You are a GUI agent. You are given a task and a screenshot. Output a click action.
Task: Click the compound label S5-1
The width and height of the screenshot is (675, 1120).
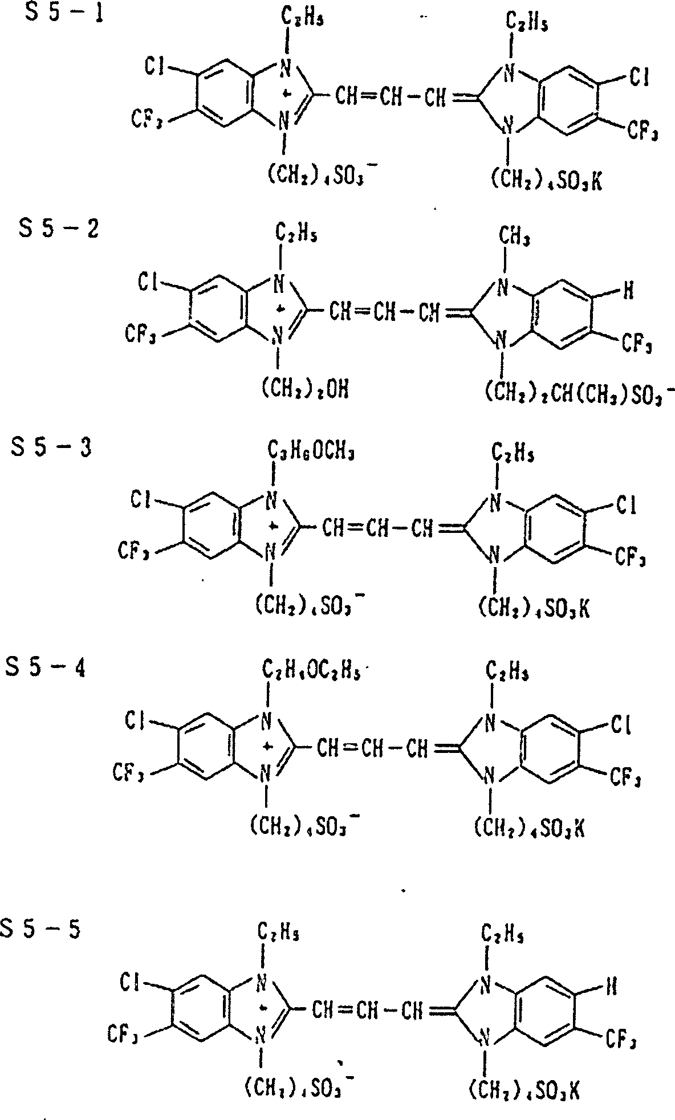64,14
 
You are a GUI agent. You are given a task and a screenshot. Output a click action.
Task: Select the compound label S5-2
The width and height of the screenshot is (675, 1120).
59,231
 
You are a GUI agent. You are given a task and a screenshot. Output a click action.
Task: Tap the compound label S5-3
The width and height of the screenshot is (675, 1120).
51,449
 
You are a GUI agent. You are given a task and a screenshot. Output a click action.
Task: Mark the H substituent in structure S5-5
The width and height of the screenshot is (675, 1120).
610,985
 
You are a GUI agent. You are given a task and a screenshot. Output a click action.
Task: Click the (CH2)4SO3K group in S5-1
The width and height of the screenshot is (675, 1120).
546,182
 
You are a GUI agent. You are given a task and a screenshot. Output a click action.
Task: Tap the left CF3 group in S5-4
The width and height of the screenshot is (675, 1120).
127,772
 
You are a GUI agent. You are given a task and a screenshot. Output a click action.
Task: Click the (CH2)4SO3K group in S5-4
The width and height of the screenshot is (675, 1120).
529,828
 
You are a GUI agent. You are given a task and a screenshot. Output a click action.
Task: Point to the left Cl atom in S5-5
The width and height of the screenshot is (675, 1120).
131,980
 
